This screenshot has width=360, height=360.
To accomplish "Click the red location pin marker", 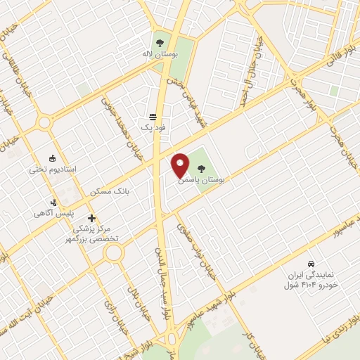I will click(x=180, y=165).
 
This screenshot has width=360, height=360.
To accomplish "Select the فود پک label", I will click(x=152, y=127).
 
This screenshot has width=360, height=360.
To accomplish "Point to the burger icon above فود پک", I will click(x=153, y=116).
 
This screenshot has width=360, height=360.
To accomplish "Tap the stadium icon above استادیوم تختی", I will click(x=53, y=158).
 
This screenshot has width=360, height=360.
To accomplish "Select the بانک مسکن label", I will click(x=111, y=191).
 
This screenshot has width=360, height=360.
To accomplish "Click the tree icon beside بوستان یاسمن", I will click(x=202, y=168).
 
